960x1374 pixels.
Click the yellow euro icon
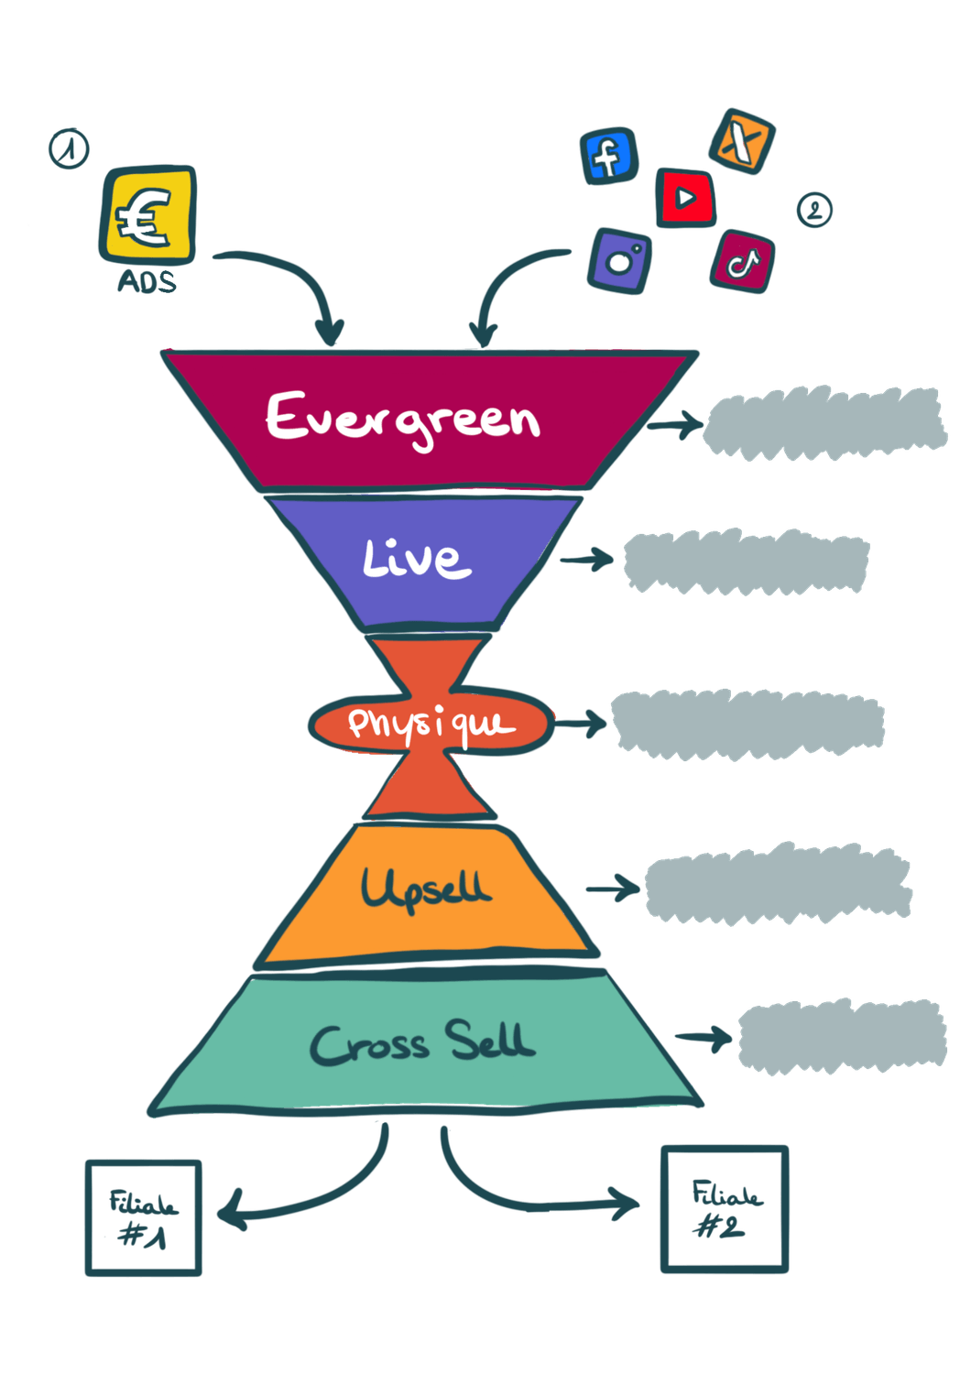pos(147,214)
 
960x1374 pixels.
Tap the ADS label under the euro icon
pos(147,281)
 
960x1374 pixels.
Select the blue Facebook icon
pos(608,155)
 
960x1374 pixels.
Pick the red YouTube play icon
pos(686,197)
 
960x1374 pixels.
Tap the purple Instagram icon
pos(621,260)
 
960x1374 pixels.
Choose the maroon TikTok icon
pos(742,262)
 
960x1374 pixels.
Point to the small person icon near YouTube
pos(814,210)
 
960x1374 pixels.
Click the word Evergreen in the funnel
pos(403,420)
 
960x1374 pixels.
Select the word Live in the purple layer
pos(417,558)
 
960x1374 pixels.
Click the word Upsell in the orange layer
pos(425,888)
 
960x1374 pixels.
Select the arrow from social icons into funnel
pos(513,284)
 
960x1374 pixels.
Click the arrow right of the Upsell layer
pos(614,887)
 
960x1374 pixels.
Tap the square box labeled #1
pos(144,1217)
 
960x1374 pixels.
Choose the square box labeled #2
pos(724,1208)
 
